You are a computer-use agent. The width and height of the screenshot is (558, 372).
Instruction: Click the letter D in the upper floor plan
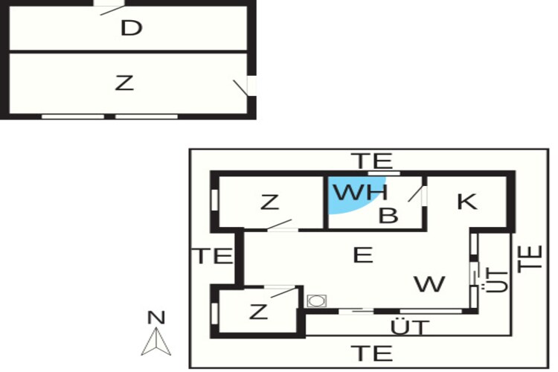click(x=131, y=28)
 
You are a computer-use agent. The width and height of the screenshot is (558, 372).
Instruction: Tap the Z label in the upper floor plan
click(x=124, y=83)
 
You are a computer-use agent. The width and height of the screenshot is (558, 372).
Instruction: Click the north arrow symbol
click(x=156, y=341)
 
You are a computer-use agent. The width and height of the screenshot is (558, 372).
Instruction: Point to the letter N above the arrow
click(x=156, y=317)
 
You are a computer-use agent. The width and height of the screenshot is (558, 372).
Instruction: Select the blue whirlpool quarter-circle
click(x=356, y=195)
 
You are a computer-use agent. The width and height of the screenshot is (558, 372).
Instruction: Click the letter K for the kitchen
click(x=467, y=202)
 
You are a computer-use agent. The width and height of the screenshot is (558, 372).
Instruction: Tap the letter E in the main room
click(x=363, y=255)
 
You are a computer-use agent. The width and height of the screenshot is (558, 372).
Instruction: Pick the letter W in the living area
click(x=429, y=283)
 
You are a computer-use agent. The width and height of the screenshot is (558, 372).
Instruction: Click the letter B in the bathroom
click(x=388, y=215)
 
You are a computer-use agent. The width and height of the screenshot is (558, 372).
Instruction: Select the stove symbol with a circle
click(x=317, y=301)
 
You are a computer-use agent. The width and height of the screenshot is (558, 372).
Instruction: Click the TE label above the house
click(x=372, y=161)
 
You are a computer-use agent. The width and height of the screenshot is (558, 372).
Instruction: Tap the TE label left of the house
click(x=213, y=256)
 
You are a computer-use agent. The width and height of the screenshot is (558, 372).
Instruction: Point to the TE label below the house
click(x=372, y=353)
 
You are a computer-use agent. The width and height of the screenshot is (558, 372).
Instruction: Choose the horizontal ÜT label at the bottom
click(x=410, y=327)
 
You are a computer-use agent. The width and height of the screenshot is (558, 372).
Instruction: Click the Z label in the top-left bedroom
click(x=269, y=202)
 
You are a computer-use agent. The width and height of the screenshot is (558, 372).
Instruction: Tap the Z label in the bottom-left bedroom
click(x=258, y=312)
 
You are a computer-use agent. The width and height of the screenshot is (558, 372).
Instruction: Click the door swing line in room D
click(x=112, y=10)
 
